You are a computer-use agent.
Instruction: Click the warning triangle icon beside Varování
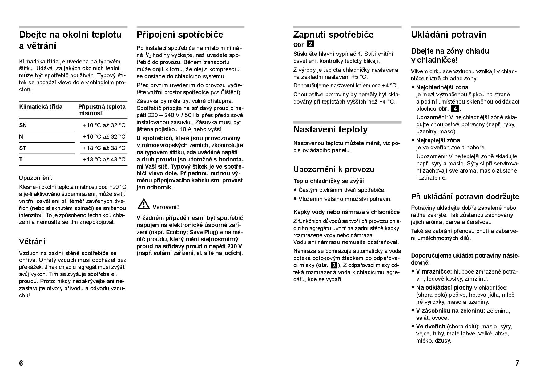tap(143, 204)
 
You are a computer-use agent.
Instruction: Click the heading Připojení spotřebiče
tap(180, 35)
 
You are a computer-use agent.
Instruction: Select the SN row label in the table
tap(23, 125)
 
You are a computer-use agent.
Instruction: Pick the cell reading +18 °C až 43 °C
tap(104, 159)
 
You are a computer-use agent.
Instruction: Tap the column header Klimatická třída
tap(41, 107)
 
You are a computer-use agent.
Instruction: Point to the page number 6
tap(21, 363)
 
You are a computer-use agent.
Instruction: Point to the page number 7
tap(517, 363)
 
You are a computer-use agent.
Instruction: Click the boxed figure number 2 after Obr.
tap(311, 44)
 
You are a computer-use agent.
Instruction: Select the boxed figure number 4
tap(455, 108)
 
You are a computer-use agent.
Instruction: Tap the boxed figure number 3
tap(334, 265)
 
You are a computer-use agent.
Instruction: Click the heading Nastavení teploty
tap(330, 129)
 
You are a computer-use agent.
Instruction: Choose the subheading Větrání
tap(32, 242)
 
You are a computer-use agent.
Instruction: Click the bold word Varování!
tap(166, 207)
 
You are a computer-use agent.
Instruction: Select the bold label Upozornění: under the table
tap(36, 178)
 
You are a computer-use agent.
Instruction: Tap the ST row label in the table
tap(23, 148)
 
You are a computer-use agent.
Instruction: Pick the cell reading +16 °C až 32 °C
tap(104, 136)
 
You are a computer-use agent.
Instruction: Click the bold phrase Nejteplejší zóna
tap(438, 140)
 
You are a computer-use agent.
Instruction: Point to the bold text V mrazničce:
tap(434, 272)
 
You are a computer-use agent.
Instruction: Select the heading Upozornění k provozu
tap(333, 169)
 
